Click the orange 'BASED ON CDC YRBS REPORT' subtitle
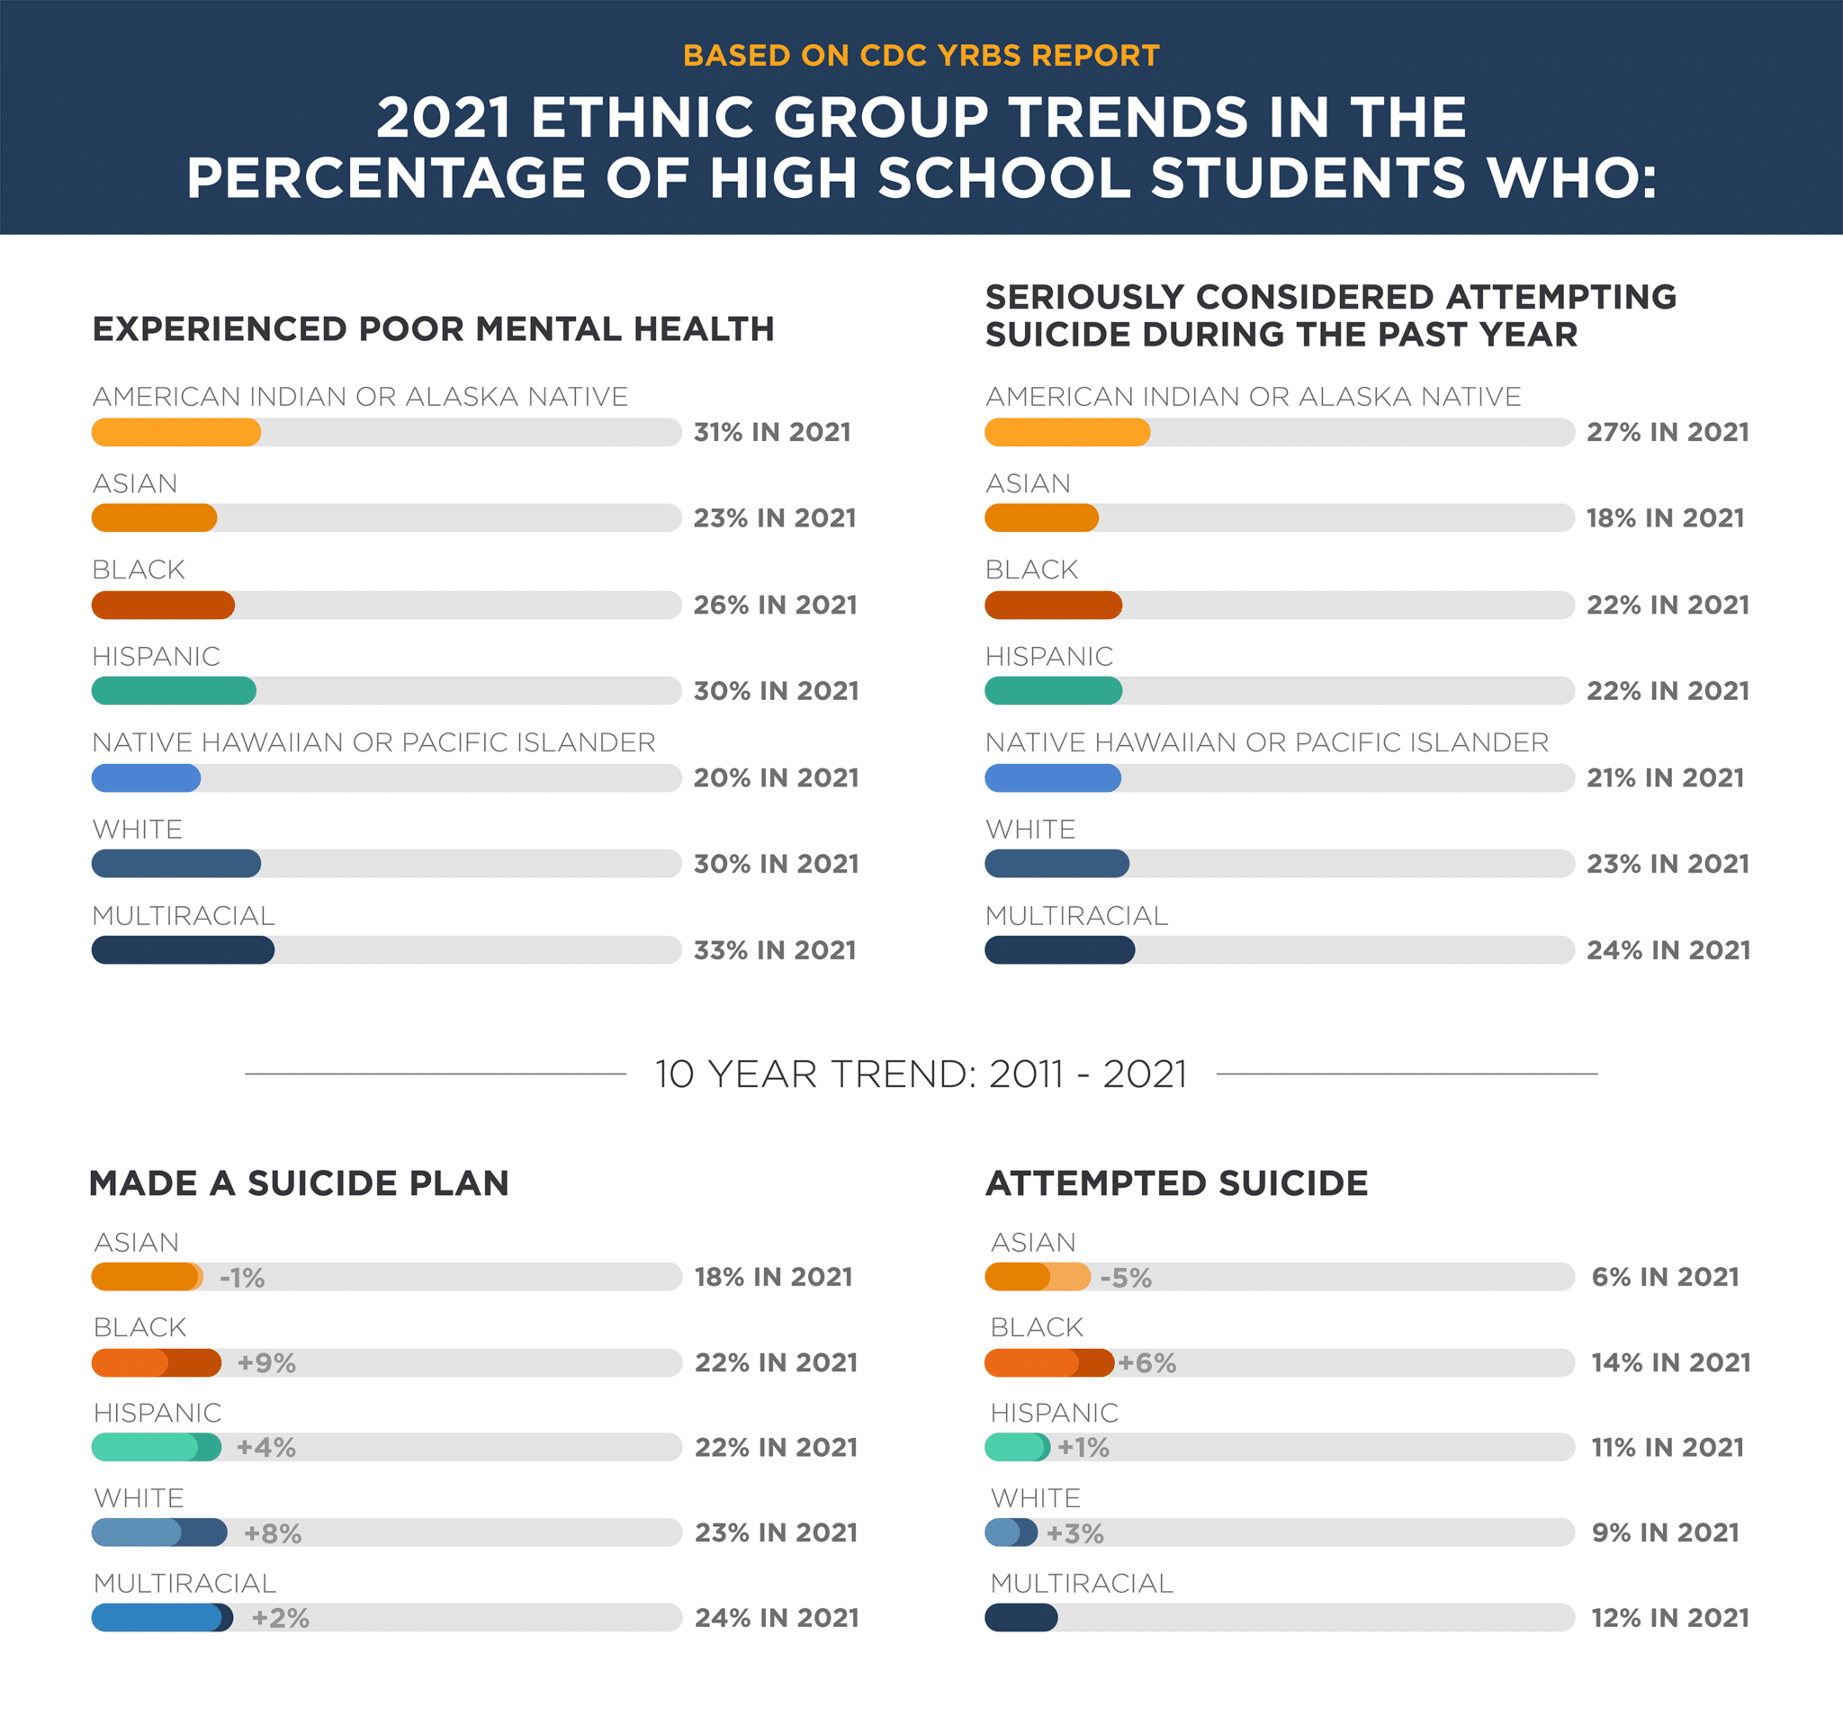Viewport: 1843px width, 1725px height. tap(921, 56)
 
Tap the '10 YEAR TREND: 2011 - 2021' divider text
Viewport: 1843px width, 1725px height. tap(921, 1074)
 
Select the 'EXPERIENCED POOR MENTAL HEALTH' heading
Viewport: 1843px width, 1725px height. tap(433, 329)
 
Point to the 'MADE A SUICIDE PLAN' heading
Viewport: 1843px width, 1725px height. tap(299, 1182)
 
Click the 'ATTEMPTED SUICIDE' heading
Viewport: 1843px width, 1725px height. tap(1176, 1182)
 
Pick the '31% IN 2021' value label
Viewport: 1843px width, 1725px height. tap(772, 432)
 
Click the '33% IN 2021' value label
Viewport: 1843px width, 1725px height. tap(775, 950)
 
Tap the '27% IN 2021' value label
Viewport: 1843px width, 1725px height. tap(1667, 432)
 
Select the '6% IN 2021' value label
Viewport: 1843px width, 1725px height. tap(1665, 1276)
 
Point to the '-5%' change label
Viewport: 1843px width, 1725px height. tap(1126, 1277)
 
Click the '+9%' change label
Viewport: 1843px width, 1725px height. tap(266, 1362)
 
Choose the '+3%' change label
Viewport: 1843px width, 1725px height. tap(1074, 1533)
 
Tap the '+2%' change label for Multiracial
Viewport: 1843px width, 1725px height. tap(280, 1619)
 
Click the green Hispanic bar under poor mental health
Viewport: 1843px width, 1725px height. tap(174, 690)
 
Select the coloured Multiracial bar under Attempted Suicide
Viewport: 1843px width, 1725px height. tap(1020, 1618)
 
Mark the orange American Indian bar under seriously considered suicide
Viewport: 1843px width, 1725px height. tap(1066, 432)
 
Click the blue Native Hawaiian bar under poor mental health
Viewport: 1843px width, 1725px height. tap(146, 777)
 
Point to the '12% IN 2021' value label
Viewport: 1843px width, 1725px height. tap(1669, 1618)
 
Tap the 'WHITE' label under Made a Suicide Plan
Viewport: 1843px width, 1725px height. tap(139, 1498)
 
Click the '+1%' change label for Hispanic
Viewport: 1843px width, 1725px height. tap(1083, 1447)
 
